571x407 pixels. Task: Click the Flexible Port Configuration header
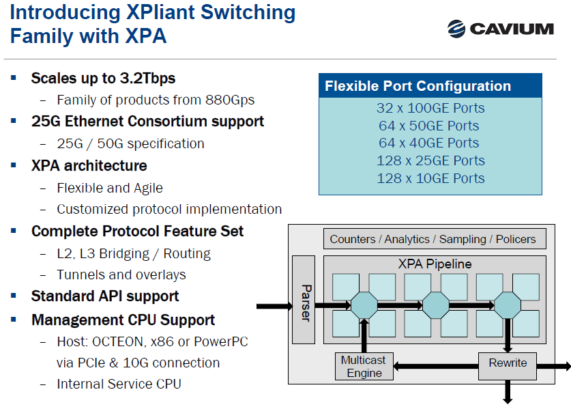[418, 86]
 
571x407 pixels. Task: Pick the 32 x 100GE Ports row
[430, 108]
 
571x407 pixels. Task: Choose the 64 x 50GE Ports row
[430, 126]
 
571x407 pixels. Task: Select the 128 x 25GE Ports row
[430, 160]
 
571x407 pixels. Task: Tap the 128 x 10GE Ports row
[430, 178]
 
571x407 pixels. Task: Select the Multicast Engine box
[364, 366]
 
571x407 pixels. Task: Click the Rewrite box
[508, 363]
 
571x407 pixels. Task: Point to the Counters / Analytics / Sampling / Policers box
[433, 239]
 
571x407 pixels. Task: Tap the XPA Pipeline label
[435, 264]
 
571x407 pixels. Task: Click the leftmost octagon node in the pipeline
[364, 305]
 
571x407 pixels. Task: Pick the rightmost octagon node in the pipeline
[507, 305]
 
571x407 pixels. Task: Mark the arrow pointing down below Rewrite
[508, 392]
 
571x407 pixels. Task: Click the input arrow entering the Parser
[273, 305]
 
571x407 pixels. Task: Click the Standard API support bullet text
[105, 296]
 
